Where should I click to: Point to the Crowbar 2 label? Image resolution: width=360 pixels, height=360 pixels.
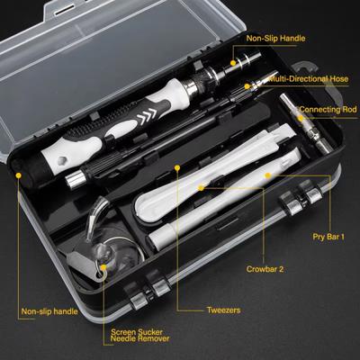[x=266, y=268]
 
